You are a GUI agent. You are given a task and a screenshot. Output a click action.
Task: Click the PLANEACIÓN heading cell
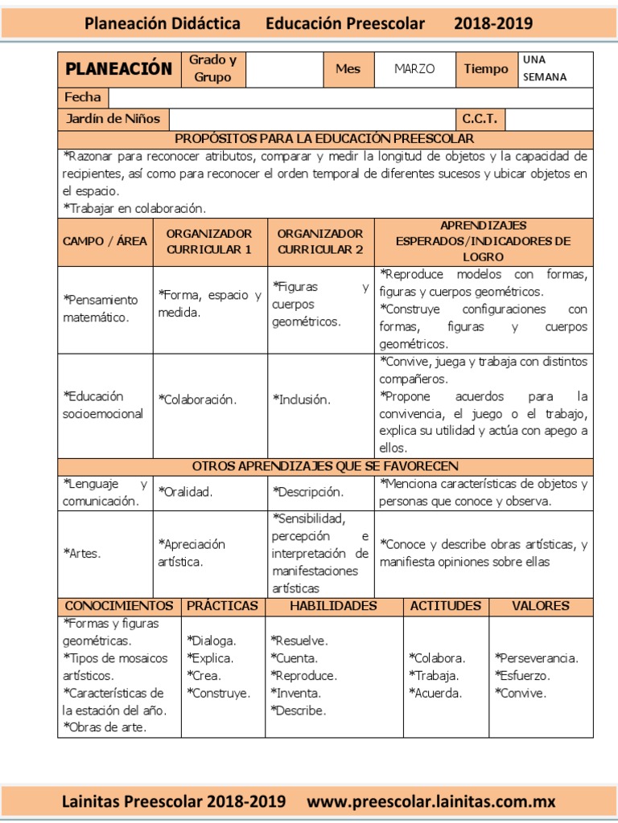118,69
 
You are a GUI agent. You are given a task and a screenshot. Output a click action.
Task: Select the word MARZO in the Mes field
414,69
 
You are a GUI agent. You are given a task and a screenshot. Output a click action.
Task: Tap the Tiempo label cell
486,69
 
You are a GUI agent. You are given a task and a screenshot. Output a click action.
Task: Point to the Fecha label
83,97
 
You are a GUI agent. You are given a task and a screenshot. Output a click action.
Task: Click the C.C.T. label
480,119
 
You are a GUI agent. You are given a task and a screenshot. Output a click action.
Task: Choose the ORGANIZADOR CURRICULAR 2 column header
320,241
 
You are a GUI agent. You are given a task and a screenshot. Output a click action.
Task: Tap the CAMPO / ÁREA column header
105,241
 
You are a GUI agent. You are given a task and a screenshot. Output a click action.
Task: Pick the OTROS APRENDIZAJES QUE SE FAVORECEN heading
325,466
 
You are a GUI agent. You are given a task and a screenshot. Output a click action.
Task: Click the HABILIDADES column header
333,606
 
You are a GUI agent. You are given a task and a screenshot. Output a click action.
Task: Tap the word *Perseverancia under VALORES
537,658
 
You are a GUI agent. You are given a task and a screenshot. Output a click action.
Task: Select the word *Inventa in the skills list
296,693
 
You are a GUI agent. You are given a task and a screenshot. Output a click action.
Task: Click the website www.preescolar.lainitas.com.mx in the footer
431,801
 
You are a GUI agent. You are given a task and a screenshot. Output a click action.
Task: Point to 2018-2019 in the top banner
493,23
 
